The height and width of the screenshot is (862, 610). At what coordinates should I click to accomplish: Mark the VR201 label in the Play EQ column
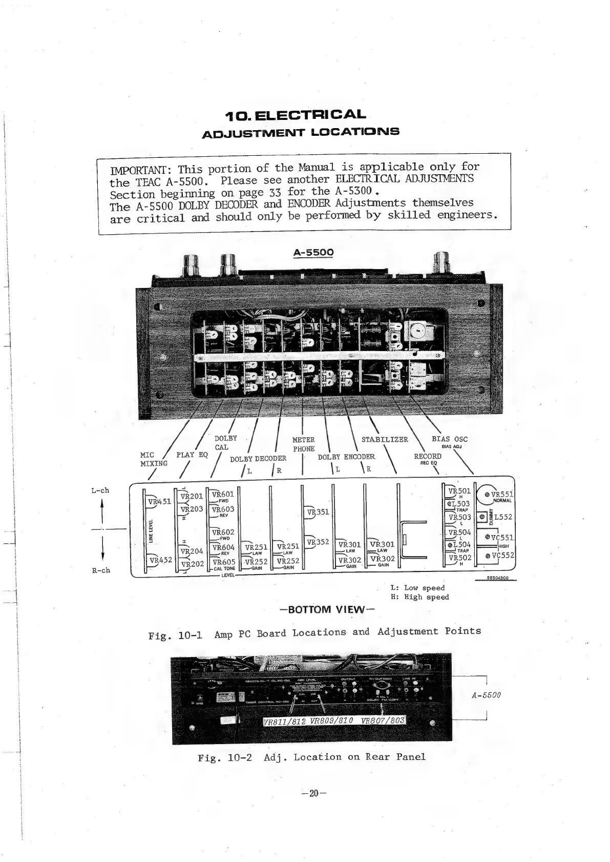(193, 496)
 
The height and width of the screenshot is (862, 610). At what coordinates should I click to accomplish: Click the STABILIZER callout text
(385, 439)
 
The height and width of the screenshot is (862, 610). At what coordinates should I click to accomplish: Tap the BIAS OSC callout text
(449, 439)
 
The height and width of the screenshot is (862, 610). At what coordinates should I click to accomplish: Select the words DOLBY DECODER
(258, 459)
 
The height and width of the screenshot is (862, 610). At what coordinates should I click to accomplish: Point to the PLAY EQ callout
(192, 455)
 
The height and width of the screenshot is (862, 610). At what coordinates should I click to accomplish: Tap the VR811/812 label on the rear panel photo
(283, 722)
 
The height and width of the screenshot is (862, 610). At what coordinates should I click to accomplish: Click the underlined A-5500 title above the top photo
(313, 253)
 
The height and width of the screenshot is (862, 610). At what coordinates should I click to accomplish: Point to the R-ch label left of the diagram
(101, 570)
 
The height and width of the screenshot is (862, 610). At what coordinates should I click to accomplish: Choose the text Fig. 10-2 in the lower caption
(224, 757)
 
